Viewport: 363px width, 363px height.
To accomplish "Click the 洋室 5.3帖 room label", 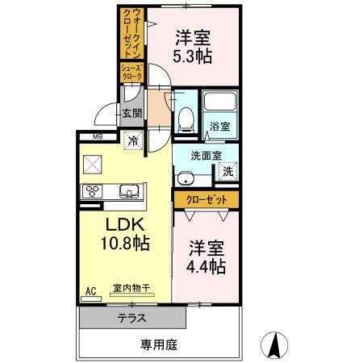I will [193, 47].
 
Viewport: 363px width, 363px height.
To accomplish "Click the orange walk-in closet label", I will [129, 31].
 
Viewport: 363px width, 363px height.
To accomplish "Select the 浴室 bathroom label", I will [219, 126].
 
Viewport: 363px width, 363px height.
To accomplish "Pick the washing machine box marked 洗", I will [227, 171].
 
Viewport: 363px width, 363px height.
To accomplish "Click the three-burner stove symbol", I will [93, 192].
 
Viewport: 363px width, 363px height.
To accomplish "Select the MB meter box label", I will [97, 136].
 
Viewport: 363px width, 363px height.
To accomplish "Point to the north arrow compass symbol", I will [275, 344].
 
